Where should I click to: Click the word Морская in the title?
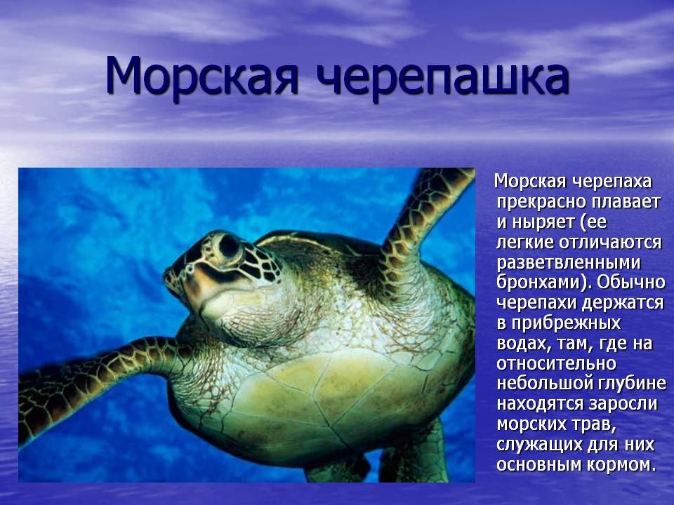(x=201, y=76)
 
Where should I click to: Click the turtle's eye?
(x=228, y=246)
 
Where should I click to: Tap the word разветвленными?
(x=569, y=263)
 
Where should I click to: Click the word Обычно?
(x=631, y=282)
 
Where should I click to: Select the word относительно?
(x=556, y=364)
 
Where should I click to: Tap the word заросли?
(x=623, y=405)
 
